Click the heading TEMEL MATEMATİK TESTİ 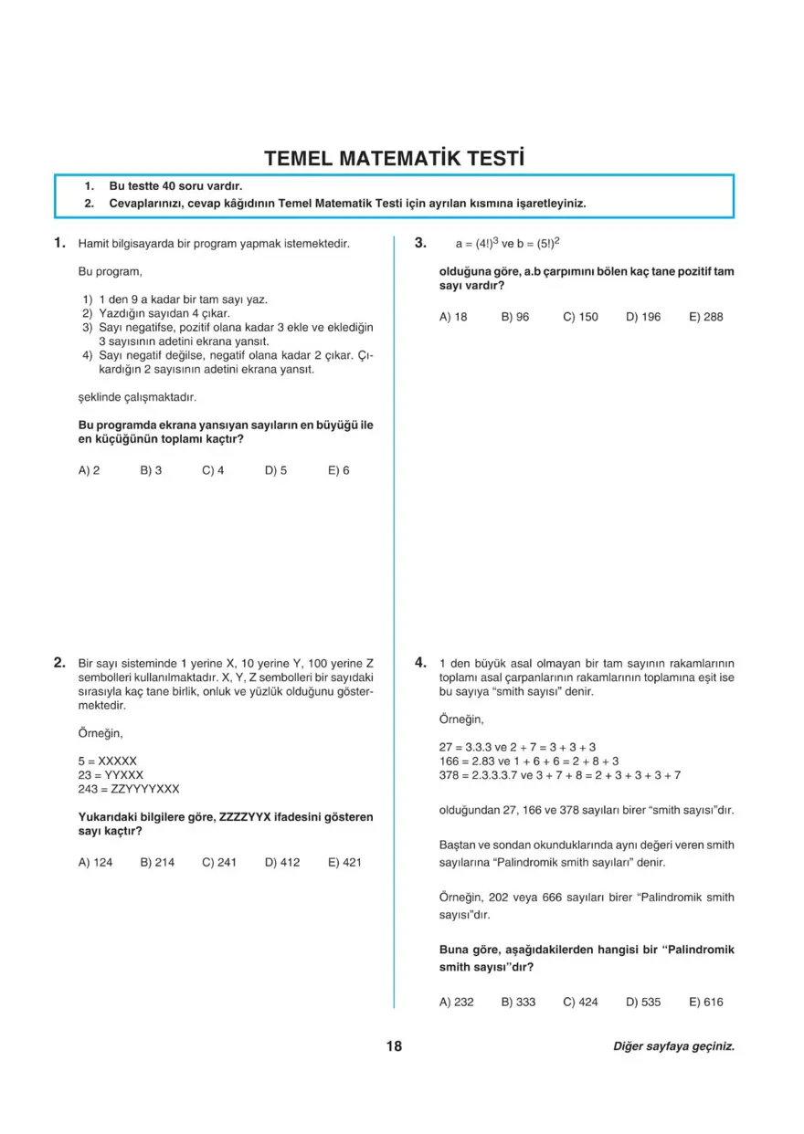[x=394, y=158]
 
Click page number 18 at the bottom [x=394, y=1046]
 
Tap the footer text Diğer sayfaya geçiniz [x=673, y=1046]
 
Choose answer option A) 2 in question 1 [x=90, y=470]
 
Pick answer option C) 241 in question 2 [x=219, y=861]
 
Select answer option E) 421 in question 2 [x=344, y=861]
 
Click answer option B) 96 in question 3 [x=515, y=317]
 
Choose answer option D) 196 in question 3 [x=643, y=317]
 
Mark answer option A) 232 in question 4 [x=457, y=1002]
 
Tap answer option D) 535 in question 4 [x=643, y=1002]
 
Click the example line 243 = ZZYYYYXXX [x=129, y=788]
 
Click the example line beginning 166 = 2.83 [x=529, y=761]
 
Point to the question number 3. [x=420, y=243]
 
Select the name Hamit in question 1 [x=93, y=244]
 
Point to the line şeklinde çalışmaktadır [x=138, y=397]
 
